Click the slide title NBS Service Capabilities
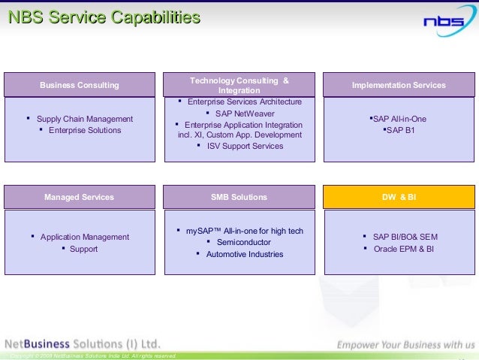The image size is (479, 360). tap(104, 17)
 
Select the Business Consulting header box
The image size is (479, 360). tap(80, 85)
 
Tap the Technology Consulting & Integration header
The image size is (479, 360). tap(239, 85)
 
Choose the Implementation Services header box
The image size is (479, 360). tap(399, 85)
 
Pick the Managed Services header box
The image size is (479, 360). tap(80, 197)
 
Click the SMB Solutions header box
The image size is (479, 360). tap(239, 197)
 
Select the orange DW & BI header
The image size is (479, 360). tap(399, 197)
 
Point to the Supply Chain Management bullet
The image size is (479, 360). tap(84, 119)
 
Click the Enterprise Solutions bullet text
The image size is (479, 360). tap(84, 130)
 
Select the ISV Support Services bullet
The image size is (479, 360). tap(245, 146)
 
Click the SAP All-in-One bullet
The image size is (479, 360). tap(399, 119)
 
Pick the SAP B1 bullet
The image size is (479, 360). tap(399, 130)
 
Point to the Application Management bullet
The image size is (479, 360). tap(84, 237)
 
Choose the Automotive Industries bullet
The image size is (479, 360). tap(245, 254)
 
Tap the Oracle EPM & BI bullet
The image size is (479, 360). tap(403, 249)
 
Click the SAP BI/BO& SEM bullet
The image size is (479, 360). tap(405, 237)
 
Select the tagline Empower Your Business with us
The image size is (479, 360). tap(405, 345)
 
